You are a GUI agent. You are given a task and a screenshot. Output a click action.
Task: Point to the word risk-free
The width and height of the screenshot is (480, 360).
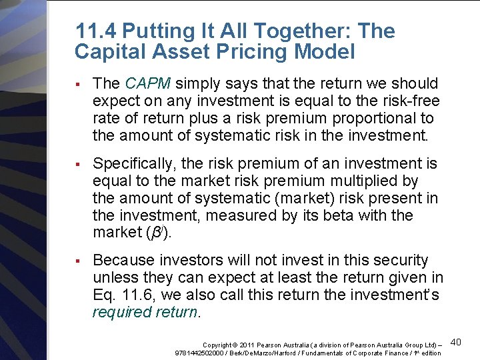click(x=409, y=101)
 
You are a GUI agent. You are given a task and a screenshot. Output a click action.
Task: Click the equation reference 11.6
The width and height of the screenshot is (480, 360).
click(x=128, y=295)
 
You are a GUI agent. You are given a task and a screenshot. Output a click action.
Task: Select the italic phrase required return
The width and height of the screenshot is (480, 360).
click(x=145, y=312)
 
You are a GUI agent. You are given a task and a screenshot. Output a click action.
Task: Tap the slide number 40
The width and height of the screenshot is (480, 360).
click(x=456, y=342)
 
